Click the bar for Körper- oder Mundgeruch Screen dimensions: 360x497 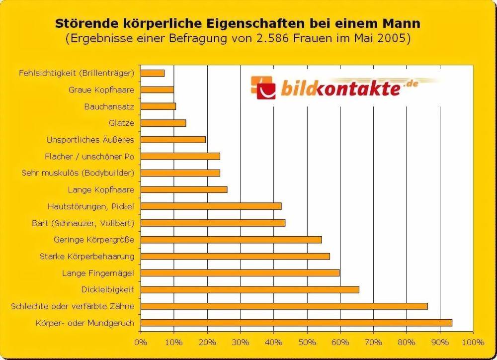pyautogui.click(x=296, y=323)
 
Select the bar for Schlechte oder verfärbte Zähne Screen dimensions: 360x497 pyautogui.click(x=284, y=306)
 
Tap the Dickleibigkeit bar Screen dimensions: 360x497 pyautogui.click(x=249, y=289)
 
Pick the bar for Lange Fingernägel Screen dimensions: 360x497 pyautogui.click(x=240, y=272)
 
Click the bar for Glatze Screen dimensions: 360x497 pyautogui.click(x=163, y=123)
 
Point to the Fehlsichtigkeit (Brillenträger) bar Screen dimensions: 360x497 pyautogui.click(x=153, y=73)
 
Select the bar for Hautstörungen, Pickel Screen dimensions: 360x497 pyautogui.click(x=211, y=206)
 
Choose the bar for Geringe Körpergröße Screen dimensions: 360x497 pyautogui.click(x=231, y=239)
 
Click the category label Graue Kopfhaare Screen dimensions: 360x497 pyautogui.click(x=101, y=90)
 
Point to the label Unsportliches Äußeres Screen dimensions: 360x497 pyautogui.click(x=90, y=140)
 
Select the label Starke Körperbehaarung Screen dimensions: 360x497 pyautogui.click(x=87, y=257)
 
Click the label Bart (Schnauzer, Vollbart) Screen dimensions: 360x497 pyautogui.click(x=83, y=223)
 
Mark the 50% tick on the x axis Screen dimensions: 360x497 pyautogui.click(x=307, y=343)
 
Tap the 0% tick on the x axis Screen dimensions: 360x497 pyautogui.click(x=141, y=343)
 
